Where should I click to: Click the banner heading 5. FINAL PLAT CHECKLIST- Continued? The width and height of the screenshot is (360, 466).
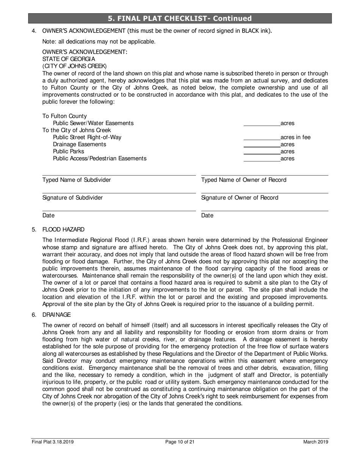(180, 19)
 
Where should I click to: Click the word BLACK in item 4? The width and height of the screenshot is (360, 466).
(250, 31)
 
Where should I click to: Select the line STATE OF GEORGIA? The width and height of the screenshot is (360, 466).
(69, 59)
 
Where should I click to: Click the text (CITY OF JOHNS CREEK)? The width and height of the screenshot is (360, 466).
(74, 66)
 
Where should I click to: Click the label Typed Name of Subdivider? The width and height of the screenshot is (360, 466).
(77, 180)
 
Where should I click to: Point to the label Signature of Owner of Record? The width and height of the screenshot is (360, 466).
(239, 198)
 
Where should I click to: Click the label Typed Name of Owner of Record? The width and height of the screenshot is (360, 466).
(244, 180)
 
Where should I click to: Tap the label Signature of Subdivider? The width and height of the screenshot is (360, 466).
(72, 198)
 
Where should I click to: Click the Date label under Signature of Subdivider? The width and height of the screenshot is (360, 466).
(49, 216)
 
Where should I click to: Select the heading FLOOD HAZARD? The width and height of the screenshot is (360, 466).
(63, 230)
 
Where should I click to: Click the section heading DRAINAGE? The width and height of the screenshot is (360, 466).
(56, 315)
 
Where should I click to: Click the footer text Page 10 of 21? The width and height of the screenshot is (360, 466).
(180, 442)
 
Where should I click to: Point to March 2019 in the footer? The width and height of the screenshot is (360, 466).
(315, 442)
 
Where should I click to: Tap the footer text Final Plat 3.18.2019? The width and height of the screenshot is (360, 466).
(52, 442)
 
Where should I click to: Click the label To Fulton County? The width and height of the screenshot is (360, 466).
(64, 116)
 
